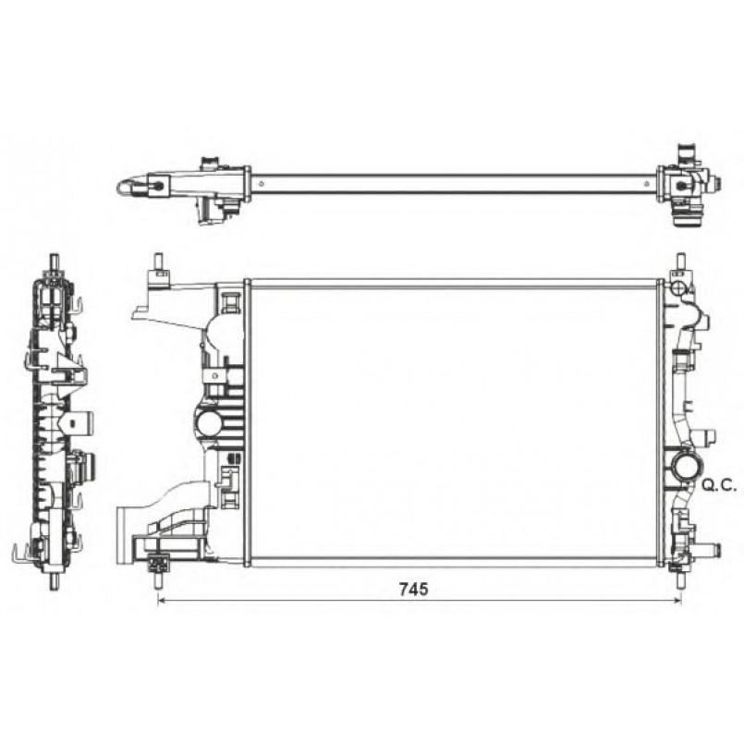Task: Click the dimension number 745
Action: click(413, 589)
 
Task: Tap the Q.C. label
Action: click(719, 485)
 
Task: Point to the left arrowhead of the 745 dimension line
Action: click(161, 600)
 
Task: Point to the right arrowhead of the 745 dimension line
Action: click(677, 600)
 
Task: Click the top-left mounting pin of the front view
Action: click(156, 262)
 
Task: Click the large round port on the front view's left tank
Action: click(210, 422)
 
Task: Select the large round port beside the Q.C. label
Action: click(686, 469)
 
